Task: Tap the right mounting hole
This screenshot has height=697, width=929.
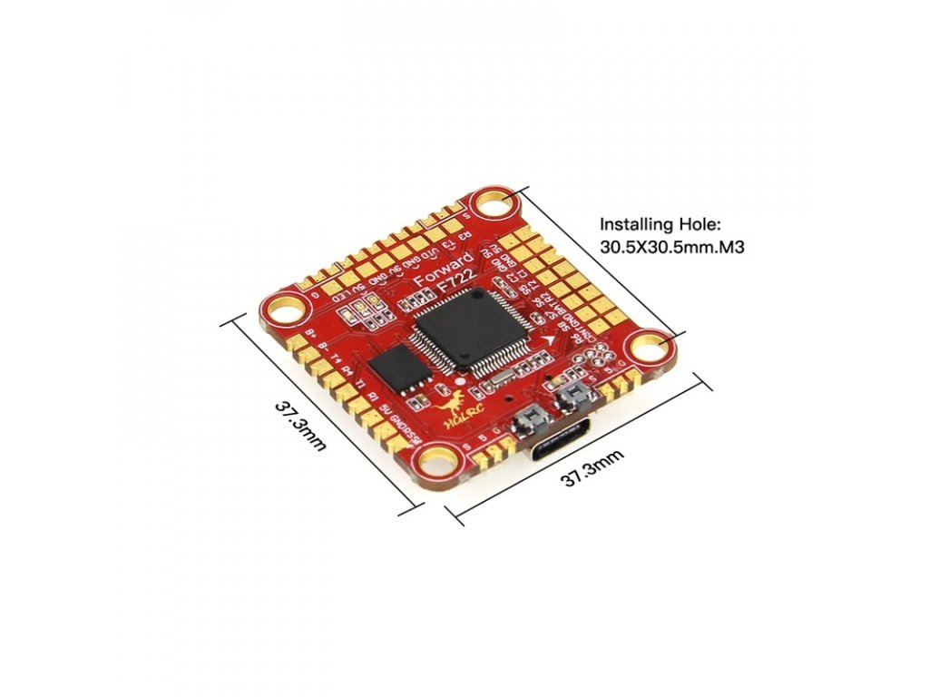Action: (650, 347)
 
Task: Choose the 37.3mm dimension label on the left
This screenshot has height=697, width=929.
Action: (299, 427)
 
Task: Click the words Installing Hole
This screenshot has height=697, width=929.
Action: (650, 224)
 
